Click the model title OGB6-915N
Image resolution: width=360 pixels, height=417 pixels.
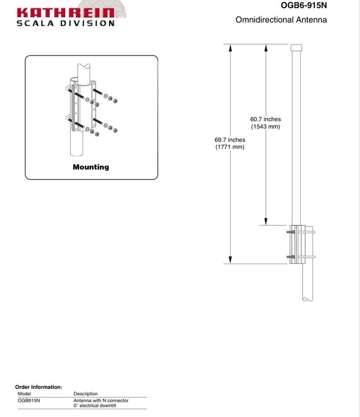click(304, 6)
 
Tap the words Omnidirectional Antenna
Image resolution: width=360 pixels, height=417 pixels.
click(281, 20)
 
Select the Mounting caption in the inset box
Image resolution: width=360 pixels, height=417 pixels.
click(91, 167)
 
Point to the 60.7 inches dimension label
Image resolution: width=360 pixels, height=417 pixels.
click(265, 119)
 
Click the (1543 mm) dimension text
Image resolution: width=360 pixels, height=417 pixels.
click(265, 126)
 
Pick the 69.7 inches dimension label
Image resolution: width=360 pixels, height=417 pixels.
click(230, 140)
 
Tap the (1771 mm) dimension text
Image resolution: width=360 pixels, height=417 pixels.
click(230, 147)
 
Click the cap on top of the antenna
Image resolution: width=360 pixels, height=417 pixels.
click(296, 47)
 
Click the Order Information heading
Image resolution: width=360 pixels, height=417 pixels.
click(39, 387)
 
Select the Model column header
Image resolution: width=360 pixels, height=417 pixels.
click(24, 394)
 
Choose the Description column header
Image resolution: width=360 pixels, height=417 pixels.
click(86, 394)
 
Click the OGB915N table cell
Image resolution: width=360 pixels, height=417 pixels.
click(29, 400)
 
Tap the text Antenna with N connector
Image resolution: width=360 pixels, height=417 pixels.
click(101, 400)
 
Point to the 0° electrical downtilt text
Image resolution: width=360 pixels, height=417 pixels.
click(95, 406)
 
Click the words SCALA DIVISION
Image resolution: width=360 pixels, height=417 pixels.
click(65, 23)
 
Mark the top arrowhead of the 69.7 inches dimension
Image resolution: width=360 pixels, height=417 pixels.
click(230, 48)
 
